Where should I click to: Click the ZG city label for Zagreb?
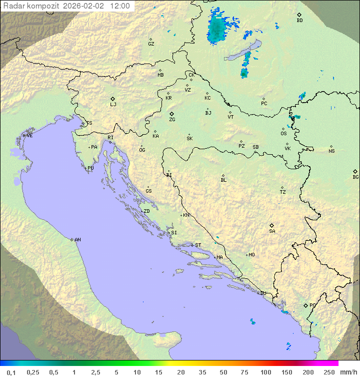[x=172, y=120]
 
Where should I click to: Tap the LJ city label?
[x=113, y=105]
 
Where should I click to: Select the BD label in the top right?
[x=299, y=21]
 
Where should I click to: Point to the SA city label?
[x=272, y=231]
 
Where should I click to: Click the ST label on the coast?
[x=198, y=245]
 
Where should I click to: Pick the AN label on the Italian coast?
[x=77, y=240]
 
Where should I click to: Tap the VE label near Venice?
[x=29, y=136]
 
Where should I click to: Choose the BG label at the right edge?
[x=355, y=177]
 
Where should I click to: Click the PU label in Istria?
[x=90, y=168]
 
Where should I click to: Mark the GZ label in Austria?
[x=151, y=44]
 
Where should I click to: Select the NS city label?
[x=331, y=151]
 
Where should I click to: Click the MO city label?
[x=251, y=255]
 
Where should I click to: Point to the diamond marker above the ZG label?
[x=171, y=114]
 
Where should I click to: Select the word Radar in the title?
[x=13, y=6]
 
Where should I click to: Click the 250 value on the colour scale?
[x=329, y=372]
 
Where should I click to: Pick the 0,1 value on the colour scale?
[x=11, y=372]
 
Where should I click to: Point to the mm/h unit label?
[x=348, y=372]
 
